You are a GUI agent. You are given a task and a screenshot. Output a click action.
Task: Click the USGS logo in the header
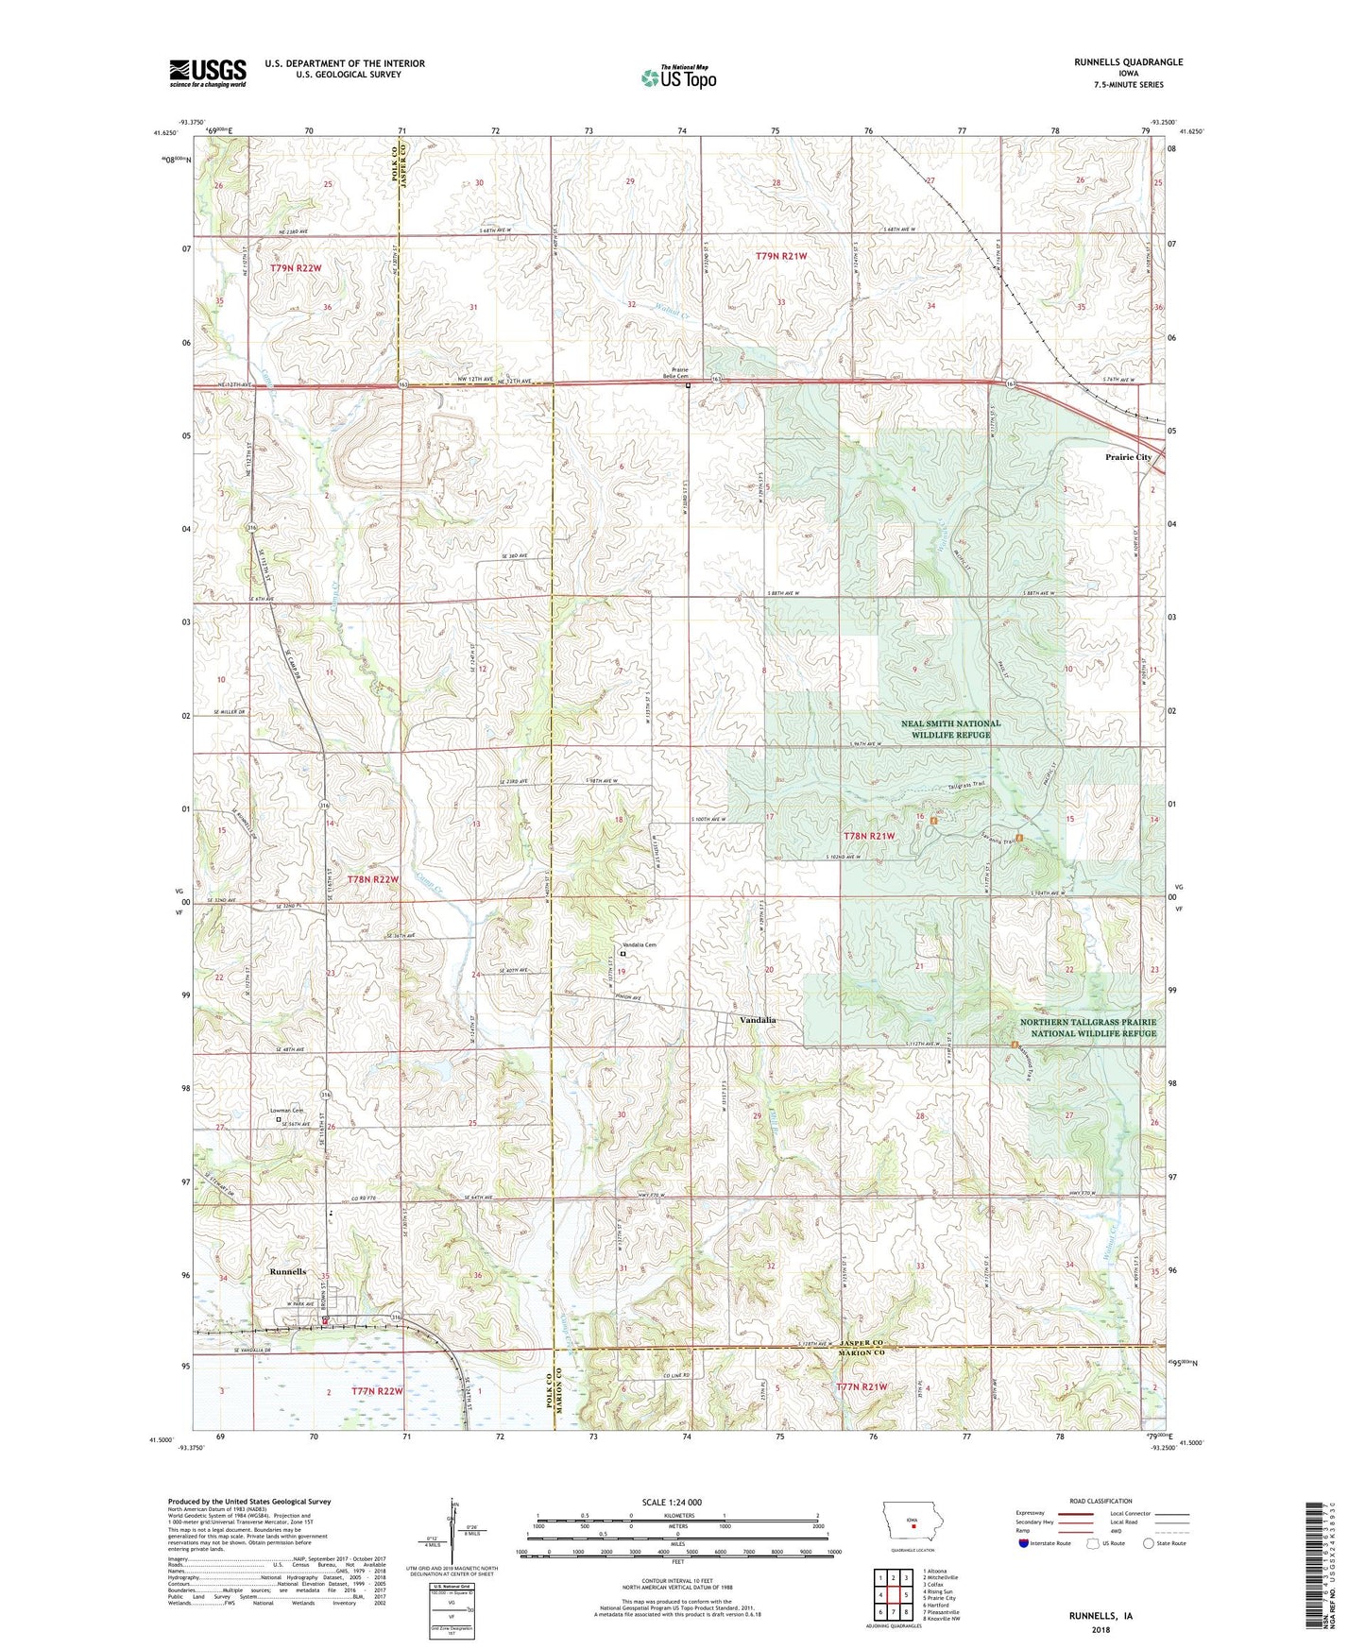[207, 73]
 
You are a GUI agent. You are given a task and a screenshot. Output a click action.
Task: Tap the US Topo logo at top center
[678, 77]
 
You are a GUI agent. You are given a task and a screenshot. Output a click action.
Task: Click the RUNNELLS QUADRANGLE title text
[1128, 62]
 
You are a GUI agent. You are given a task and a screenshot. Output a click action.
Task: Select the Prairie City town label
[1129, 457]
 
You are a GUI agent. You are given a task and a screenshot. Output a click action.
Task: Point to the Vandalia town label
[758, 1020]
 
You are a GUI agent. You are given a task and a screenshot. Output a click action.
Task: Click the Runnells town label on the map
[287, 1271]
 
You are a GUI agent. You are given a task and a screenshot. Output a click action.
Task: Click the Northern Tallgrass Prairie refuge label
[1087, 1028]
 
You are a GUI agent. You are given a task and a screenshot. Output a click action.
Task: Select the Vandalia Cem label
[638, 945]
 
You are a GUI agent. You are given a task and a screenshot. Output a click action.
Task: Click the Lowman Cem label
[286, 1111]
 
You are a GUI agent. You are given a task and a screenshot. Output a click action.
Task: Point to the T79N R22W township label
[296, 268]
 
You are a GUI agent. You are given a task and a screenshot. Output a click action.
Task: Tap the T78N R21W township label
[868, 836]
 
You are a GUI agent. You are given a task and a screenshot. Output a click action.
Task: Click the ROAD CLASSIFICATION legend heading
[1101, 1501]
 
